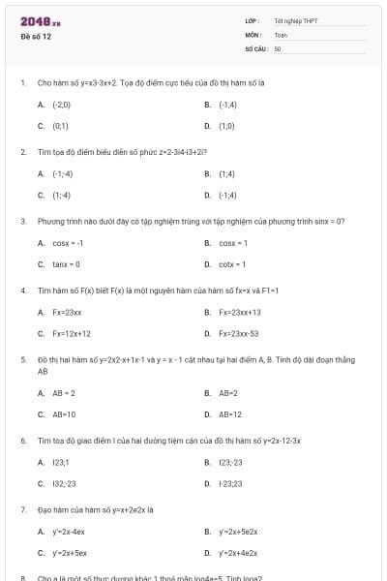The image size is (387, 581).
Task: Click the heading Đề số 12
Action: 36,37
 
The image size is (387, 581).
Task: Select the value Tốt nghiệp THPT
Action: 295,20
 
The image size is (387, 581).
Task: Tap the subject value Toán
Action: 281,34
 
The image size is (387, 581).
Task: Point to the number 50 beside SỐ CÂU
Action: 278,47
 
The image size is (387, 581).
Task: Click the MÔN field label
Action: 253,34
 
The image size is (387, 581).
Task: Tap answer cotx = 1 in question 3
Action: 232,263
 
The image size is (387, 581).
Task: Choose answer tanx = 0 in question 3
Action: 67,263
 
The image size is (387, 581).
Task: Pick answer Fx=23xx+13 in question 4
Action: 239,312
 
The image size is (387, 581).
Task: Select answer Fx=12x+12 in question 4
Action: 72,333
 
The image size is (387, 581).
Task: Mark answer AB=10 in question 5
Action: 64,414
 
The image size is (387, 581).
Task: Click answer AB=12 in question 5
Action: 230,414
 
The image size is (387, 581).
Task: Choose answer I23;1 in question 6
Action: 61,463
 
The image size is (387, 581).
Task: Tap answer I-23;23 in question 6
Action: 231,483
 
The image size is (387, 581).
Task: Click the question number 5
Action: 23,359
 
